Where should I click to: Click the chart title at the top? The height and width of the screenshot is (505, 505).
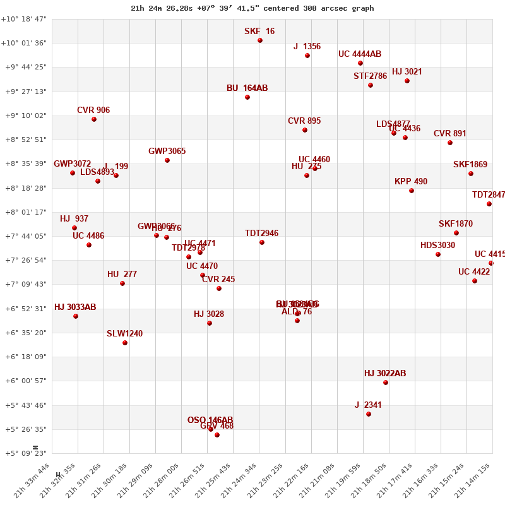(x=252, y=8)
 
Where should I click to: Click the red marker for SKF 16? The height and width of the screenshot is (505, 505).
(x=260, y=40)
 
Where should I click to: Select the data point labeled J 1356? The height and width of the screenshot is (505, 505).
(x=307, y=56)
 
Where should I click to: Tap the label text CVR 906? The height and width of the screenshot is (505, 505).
(x=93, y=110)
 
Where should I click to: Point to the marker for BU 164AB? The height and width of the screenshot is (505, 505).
(x=247, y=97)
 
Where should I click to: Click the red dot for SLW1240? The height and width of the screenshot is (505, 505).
(x=125, y=343)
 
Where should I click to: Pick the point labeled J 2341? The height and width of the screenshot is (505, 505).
(x=369, y=414)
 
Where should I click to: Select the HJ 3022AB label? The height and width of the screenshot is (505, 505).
(x=385, y=374)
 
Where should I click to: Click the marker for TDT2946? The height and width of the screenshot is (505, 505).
(x=262, y=242)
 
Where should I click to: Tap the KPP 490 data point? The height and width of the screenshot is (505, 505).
(x=412, y=191)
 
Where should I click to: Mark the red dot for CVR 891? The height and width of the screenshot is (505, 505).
(x=450, y=143)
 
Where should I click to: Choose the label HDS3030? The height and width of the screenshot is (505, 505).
(x=437, y=246)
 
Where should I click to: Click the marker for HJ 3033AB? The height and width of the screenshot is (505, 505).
(x=76, y=316)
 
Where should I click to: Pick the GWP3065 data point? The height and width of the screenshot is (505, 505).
(x=167, y=160)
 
